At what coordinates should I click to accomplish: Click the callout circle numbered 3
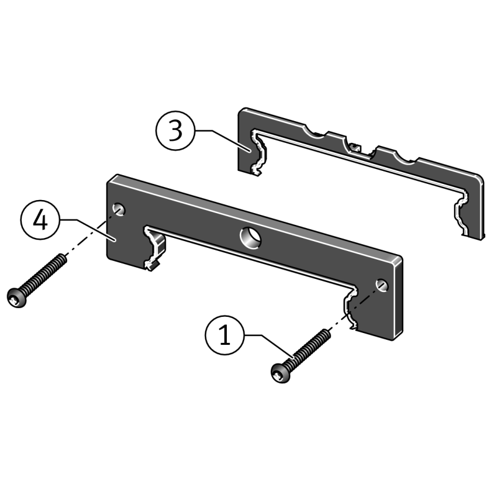pos(175,130)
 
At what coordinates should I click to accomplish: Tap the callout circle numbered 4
pos(40,220)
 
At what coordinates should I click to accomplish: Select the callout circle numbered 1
pos(225,335)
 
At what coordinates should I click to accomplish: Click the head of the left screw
pos(17,298)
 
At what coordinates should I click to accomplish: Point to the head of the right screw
pos(281,373)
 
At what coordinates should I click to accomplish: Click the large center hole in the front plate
pos(250,238)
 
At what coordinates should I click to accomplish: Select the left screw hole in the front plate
pos(119,210)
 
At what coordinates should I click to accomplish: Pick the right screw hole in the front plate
pos(382,286)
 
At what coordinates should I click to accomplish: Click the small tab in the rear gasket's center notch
pos(355,147)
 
